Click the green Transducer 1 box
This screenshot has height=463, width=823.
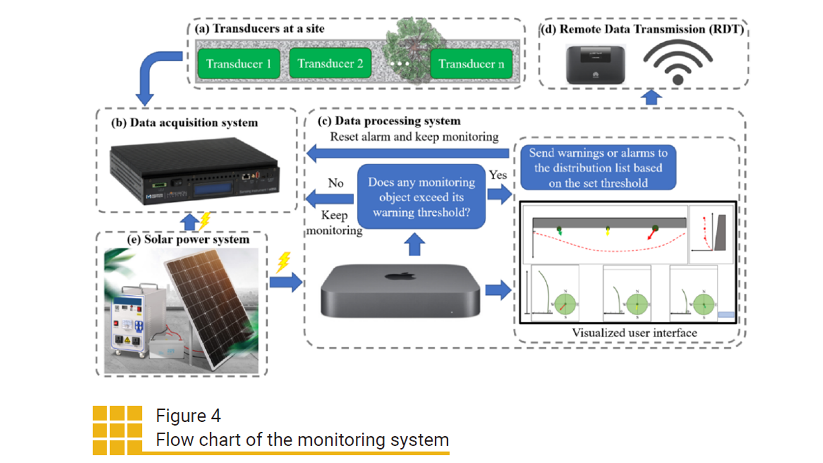click(x=239, y=63)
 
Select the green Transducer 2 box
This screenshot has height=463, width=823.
click(x=330, y=63)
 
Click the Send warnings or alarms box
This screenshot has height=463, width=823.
click(x=598, y=168)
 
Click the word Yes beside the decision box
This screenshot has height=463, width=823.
click(x=498, y=175)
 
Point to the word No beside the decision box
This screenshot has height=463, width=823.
click(x=336, y=183)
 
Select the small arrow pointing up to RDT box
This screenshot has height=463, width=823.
click(x=651, y=97)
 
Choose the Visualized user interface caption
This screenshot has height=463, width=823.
click(x=634, y=333)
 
